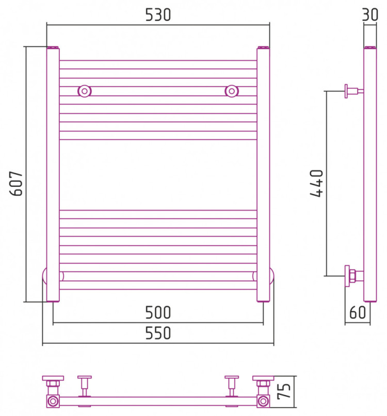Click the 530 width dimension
point(158,15)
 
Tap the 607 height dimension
point(16,183)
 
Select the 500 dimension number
point(158,313)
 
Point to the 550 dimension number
point(158,333)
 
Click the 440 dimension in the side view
point(316,183)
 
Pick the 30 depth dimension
point(370,14)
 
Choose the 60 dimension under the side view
point(358,313)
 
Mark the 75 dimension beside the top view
point(284,391)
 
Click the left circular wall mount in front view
point(85,91)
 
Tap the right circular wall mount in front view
point(232,91)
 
